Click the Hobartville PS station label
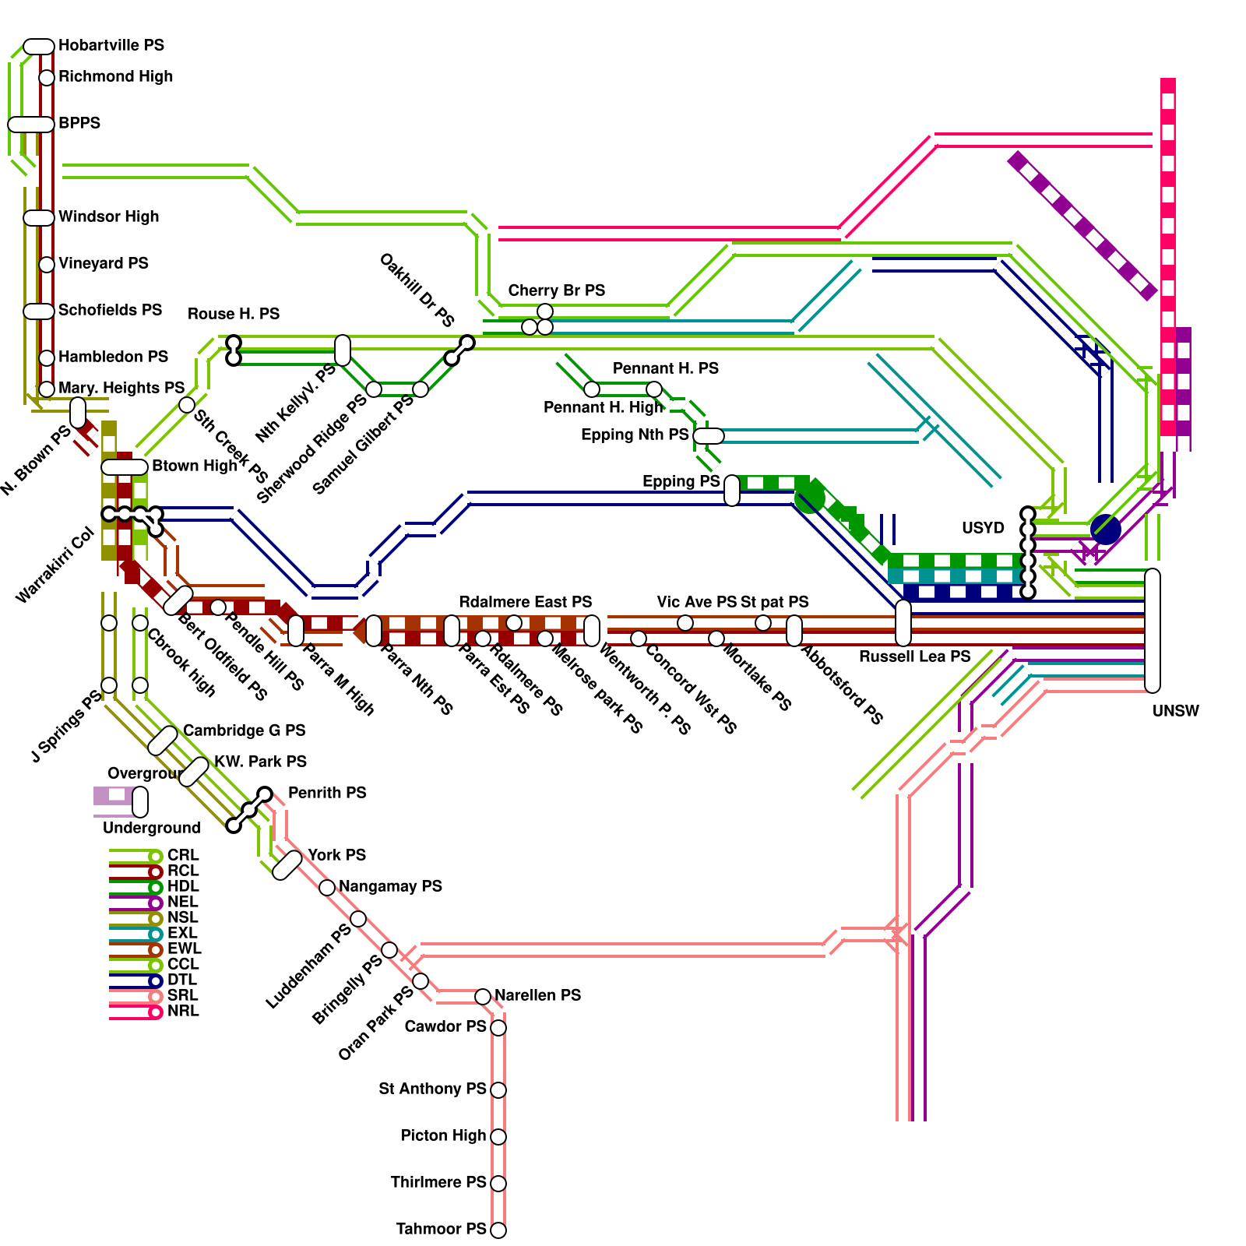click(x=111, y=45)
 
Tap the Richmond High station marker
click(x=47, y=78)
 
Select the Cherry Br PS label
click(x=556, y=290)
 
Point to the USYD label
click(x=983, y=528)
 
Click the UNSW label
click(x=1175, y=711)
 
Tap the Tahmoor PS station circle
click(x=498, y=1230)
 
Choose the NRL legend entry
click(x=183, y=1011)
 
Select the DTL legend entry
click(x=181, y=980)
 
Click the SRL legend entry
click(x=182, y=995)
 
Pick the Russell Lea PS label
click(x=914, y=656)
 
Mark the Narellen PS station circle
click(x=483, y=997)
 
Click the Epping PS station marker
click(x=732, y=491)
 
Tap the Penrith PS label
click(x=327, y=793)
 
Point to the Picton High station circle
click(x=498, y=1137)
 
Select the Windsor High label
click(x=108, y=216)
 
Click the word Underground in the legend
click(x=151, y=828)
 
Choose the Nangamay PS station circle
click(x=327, y=888)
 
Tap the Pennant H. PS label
click(x=665, y=368)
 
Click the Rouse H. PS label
click(x=233, y=314)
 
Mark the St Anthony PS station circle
click(x=498, y=1090)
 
